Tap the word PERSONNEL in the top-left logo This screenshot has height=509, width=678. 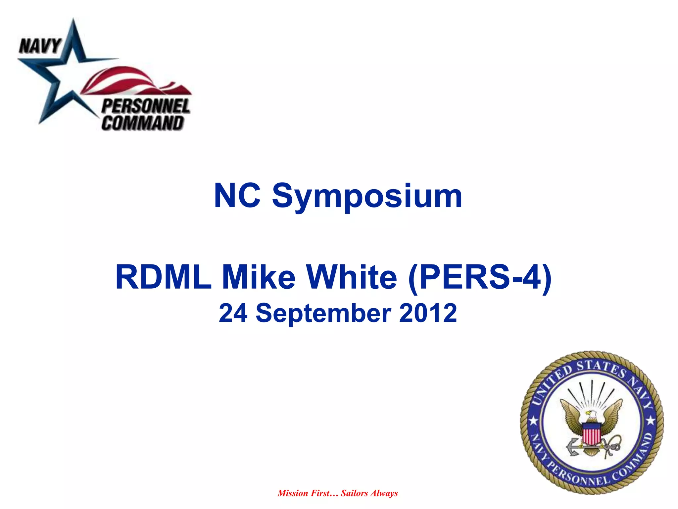(x=146, y=107)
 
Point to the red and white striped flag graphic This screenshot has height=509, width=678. (x=132, y=81)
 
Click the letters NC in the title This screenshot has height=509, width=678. (x=237, y=196)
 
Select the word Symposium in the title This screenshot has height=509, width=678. (x=367, y=197)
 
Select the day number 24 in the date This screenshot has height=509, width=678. (x=233, y=313)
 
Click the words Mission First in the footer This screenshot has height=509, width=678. (x=304, y=493)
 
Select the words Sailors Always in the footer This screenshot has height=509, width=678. (x=369, y=493)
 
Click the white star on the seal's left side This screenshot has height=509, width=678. (x=533, y=422)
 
